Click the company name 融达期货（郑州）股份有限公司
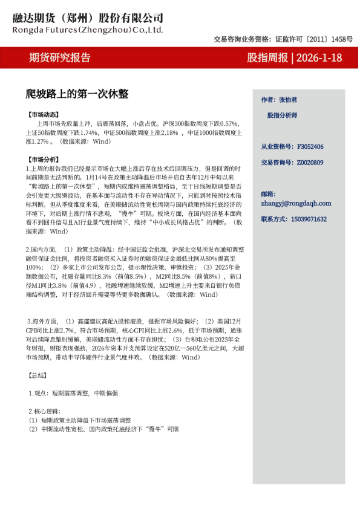pyautogui.click(x=88, y=18)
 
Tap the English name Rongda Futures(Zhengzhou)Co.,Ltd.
pyautogui.click(x=88, y=28)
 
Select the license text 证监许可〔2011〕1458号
pyautogui.click(x=314, y=39)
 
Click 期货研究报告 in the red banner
pyautogui.click(x=60, y=58)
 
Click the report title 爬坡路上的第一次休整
pyautogui.click(x=77, y=94)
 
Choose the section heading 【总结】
pyautogui.click(x=38, y=375)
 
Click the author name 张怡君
pyautogui.click(x=287, y=99)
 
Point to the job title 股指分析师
pyautogui.click(x=282, y=114)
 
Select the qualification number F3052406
pyautogui.click(x=310, y=147)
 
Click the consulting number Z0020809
pyautogui.click(x=310, y=163)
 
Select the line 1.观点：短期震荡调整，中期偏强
pyautogui.click(x=73, y=393)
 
